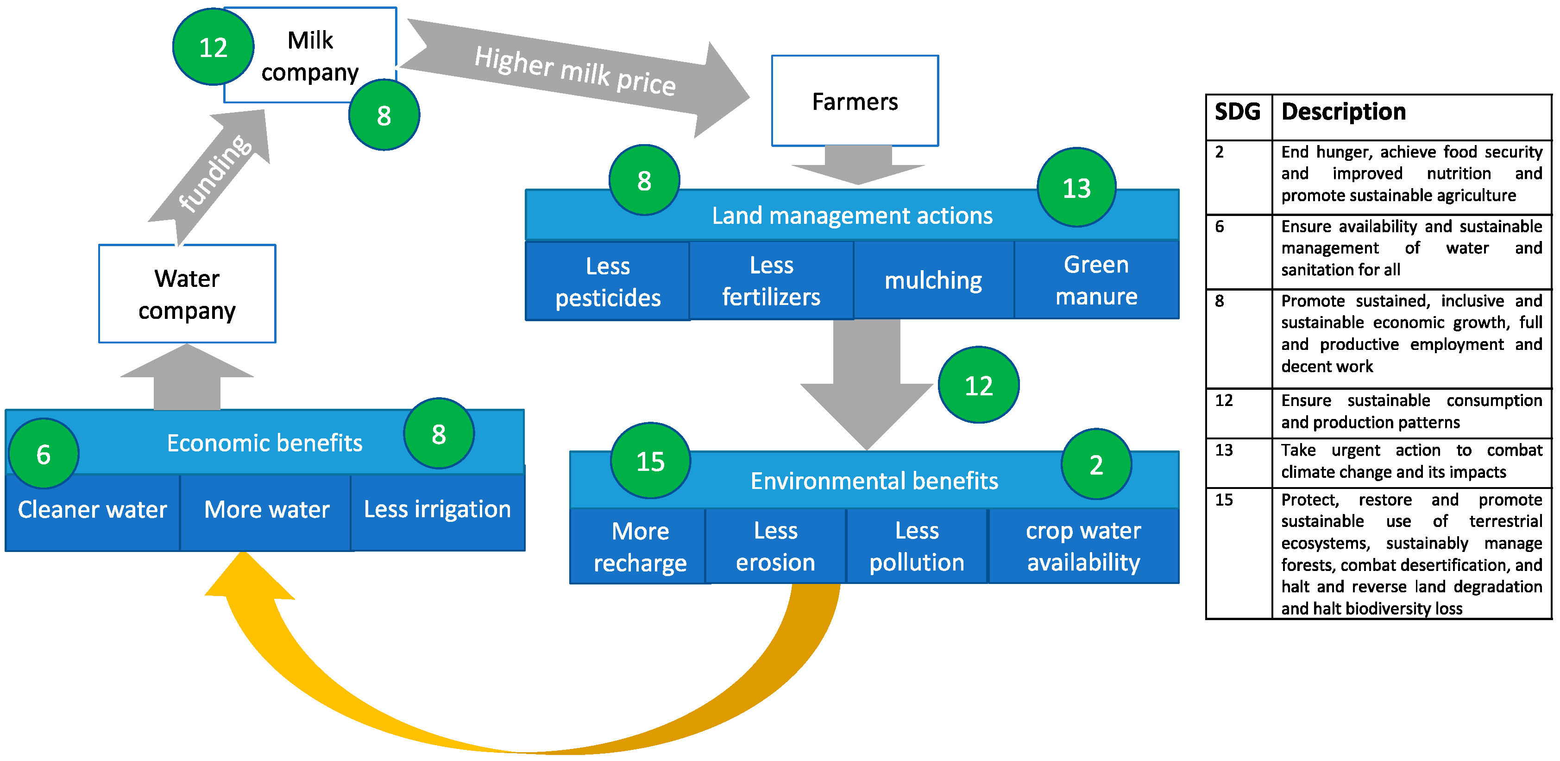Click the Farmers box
pyautogui.click(x=855, y=101)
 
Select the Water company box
pyautogui.click(x=187, y=294)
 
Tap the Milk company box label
pyautogui.click(x=310, y=56)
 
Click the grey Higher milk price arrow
pyautogui.click(x=575, y=75)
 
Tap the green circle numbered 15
pyautogui.click(x=650, y=461)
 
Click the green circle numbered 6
pyautogui.click(x=44, y=454)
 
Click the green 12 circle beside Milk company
pyautogui.click(x=213, y=47)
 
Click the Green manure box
pyautogui.click(x=1096, y=280)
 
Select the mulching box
pyautogui.click(x=933, y=280)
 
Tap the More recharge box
pyautogui.click(x=640, y=546)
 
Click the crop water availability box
pyautogui.click(x=1083, y=546)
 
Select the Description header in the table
pyautogui.click(x=1343, y=112)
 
